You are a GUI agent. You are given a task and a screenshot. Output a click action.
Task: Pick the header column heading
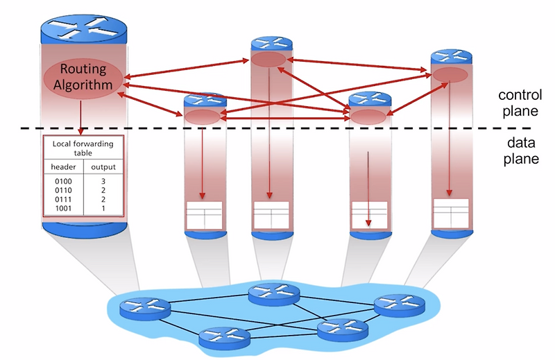click(63, 168)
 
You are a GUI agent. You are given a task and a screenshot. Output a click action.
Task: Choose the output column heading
click(102, 168)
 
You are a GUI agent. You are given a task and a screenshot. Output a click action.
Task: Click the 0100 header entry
click(62, 180)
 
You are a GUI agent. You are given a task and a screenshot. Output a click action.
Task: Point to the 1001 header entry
click(62, 207)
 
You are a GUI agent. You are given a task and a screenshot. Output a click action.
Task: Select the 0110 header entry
click(62, 189)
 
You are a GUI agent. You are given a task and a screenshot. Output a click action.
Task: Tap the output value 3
click(102, 180)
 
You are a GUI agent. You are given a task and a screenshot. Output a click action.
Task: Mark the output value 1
click(102, 207)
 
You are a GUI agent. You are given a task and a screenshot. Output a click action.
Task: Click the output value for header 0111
click(102, 198)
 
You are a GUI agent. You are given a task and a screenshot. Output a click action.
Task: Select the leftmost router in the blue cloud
click(144, 307)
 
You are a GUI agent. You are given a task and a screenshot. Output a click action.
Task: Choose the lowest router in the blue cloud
click(223, 338)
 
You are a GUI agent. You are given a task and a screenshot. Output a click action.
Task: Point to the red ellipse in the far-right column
click(450, 74)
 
